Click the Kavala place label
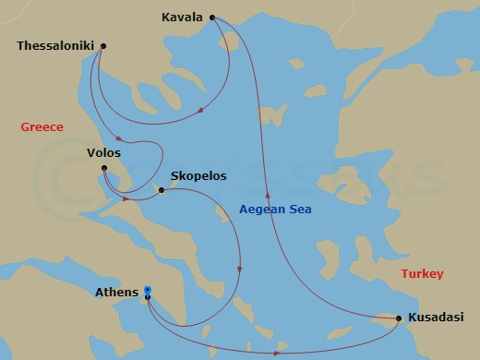[x=182, y=17]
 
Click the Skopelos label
[x=198, y=176]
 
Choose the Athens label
[x=117, y=294]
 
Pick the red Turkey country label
[x=423, y=274]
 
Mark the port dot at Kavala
[x=212, y=17]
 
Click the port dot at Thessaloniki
[x=102, y=46]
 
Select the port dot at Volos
[x=105, y=168]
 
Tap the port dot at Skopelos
[x=162, y=191]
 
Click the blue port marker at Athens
[x=147, y=294]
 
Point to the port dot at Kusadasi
[x=398, y=319]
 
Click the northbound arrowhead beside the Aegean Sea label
[x=268, y=196]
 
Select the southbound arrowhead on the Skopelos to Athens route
[x=240, y=270]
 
